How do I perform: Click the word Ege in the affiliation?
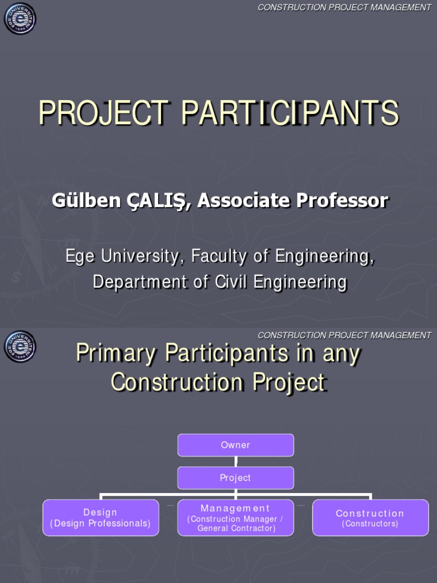pyautogui.click(x=79, y=256)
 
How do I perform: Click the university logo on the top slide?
pyautogui.click(x=20, y=18)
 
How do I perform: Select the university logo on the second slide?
pyautogui.click(x=20, y=346)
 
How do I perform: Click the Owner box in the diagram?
pyautogui.click(x=236, y=445)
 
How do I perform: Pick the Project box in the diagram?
pyautogui.click(x=236, y=478)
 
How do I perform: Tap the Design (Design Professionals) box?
pyautogui.click(x=101, y=518)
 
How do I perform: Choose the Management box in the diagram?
pyautogui.click(x=236, y=518)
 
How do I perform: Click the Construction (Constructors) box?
pyautogui.click(x=370, y=518)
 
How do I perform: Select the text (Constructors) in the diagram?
pyautogui.click(x=370, y=524)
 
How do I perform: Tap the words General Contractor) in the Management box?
pyautogui.click(x=236, y=528)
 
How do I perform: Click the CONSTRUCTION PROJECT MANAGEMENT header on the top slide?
pyautogui.click(x=344, y=7)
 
